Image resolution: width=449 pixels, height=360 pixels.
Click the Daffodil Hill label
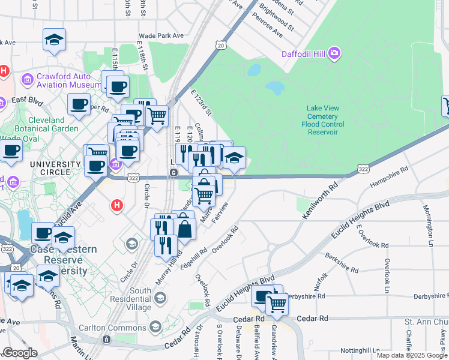pos(303,55)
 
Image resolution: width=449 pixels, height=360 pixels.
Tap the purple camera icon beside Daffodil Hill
pos(334,55)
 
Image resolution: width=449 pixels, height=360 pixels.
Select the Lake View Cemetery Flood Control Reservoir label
pos(323,120)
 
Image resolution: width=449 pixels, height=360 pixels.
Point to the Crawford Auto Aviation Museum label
pos(61,81)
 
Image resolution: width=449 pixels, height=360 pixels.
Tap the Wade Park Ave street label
pos(161,36)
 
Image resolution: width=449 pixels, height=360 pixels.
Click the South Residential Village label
pos(140,298)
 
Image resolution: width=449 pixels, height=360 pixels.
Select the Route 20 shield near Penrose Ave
pos(222,45)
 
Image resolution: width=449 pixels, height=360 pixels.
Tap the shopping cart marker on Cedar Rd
pos(277,304)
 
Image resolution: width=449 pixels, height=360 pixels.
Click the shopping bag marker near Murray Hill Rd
pos(185,228)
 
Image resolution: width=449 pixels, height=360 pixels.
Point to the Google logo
pos(20,353)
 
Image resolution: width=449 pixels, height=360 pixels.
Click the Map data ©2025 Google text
pos(411,355)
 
